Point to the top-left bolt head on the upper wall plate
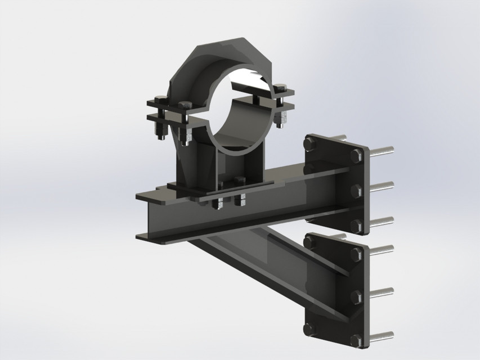pyautogui.click(x=309, y=145)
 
